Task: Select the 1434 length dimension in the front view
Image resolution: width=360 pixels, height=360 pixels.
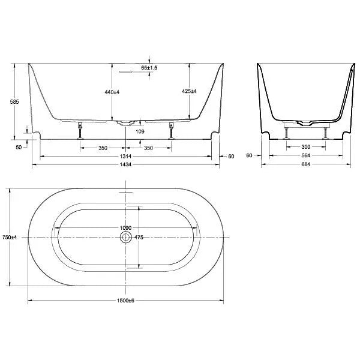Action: click(125, 164)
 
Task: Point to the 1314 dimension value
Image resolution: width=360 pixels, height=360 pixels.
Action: click(125, 155)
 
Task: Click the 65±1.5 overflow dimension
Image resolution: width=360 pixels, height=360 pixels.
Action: click(149, 68)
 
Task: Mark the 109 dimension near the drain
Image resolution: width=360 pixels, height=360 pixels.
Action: click(140, 131)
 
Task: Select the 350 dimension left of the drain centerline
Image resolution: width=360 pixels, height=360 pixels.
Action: click(103, 147)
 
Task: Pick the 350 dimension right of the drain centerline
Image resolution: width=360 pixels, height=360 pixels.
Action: click(148, 147)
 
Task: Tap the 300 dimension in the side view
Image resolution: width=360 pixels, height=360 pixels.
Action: click(306, 147)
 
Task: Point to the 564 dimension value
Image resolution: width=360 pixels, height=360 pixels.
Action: click(306, 155)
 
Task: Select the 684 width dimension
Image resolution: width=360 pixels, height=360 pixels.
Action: click(306, 164)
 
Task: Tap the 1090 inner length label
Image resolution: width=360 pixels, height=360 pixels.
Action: click(125, 229)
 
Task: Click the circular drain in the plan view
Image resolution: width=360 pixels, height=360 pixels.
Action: click(125, 238)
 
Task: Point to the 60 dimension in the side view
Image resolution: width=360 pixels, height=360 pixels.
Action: click(249, 155)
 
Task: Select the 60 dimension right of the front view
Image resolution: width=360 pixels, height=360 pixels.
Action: click(231, 156)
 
